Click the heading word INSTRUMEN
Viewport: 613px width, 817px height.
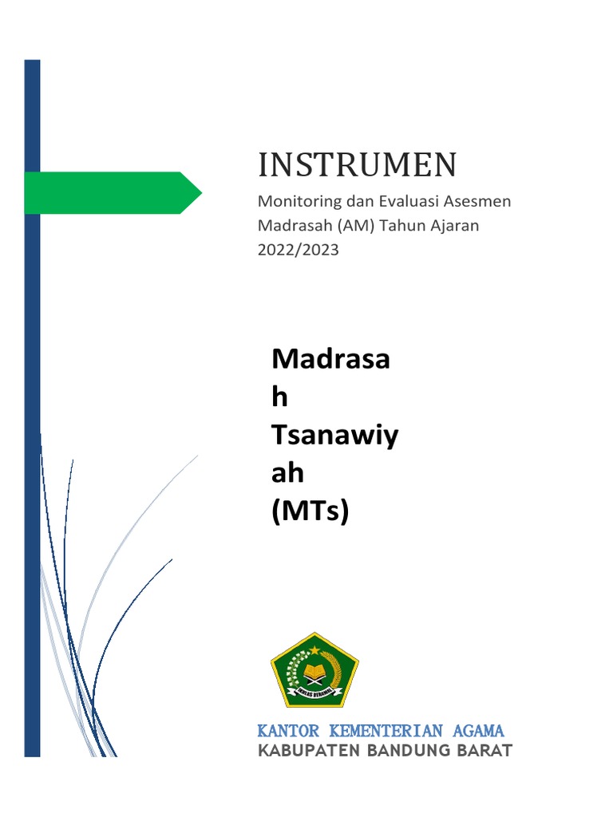point(357,164)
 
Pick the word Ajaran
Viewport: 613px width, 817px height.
point(457,226)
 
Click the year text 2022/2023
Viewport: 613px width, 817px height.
point(298,250)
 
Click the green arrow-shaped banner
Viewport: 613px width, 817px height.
point(112,192)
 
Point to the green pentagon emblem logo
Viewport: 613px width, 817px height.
point(314,669)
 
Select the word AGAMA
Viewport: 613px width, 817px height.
point(477,731)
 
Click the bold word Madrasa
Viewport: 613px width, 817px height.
point(330,359)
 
